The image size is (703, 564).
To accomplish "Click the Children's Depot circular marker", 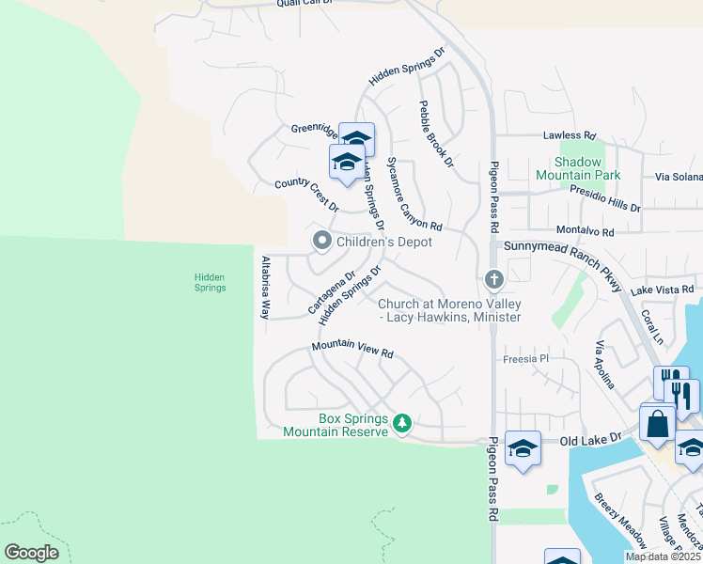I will point(321,242).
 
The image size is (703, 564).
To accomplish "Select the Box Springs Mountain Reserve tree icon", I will point(402,424).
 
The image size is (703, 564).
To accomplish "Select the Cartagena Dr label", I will point(332,293).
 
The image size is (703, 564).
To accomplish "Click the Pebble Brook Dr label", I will point(436,134).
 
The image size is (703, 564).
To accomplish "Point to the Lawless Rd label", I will point(569,135).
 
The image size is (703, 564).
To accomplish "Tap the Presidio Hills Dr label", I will point(605,198).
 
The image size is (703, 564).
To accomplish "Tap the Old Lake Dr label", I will point(590,439).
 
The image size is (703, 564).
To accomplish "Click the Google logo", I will point(31,553).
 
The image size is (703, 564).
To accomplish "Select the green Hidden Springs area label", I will point(210,282).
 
